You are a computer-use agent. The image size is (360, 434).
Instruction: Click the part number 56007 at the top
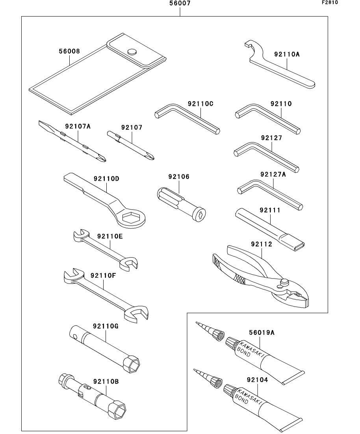180,4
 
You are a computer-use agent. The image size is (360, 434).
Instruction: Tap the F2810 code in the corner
330,2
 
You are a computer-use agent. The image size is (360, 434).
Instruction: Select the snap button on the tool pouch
132,52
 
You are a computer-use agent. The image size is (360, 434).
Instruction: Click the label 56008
69,51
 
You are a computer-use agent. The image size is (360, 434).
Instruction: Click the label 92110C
200,104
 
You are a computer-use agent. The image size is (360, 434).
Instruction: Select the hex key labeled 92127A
270,194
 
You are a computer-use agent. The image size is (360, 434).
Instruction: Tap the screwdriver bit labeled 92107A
72,141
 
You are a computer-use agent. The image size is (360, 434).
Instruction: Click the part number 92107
132,127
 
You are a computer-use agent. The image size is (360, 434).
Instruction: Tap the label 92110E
110,236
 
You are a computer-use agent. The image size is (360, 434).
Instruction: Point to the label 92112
262,244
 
